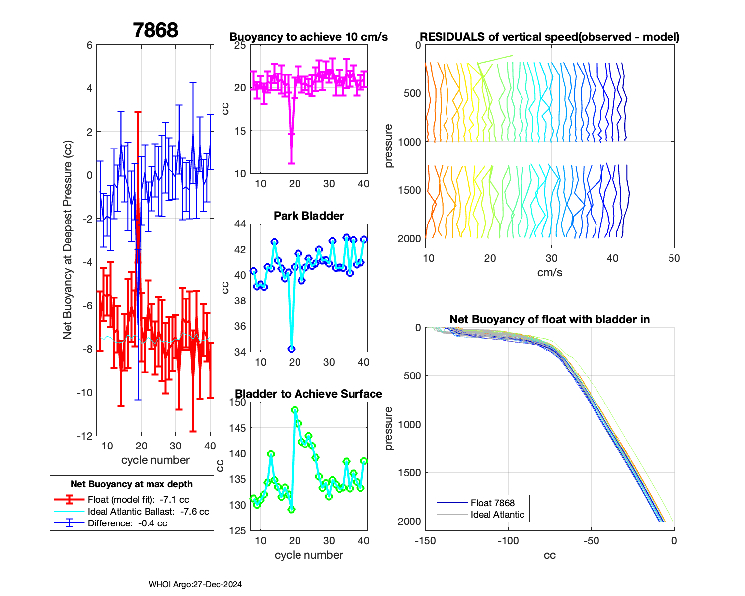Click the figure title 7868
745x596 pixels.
click(155, 30)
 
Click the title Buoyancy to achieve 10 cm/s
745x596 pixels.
click(308, 37)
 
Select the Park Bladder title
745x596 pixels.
click(308, 216)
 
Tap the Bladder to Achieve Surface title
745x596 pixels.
click(308, 394)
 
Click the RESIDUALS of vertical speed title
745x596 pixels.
click(549, 37)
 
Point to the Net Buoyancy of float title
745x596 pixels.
click(549, 319)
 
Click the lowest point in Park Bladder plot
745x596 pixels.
click(292, 349)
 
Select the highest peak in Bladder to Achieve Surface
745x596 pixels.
click(295, 410)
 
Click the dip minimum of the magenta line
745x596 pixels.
click(292, 134)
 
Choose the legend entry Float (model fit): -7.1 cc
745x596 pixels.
click(138, 499)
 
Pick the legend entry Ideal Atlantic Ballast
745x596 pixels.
click(148, 511)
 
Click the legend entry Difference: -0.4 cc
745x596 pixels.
click(127, 523)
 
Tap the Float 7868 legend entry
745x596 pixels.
click(492, 503)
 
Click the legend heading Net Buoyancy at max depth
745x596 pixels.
click(132, 484)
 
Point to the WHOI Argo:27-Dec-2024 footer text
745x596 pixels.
click(195, 584)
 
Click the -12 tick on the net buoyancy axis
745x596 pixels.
click(85, 436)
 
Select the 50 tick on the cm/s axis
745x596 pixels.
click(674, 258)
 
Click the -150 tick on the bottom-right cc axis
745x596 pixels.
click(425, 541)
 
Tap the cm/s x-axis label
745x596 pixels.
click(549, 272)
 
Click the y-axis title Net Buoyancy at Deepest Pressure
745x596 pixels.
click(68, 240)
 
